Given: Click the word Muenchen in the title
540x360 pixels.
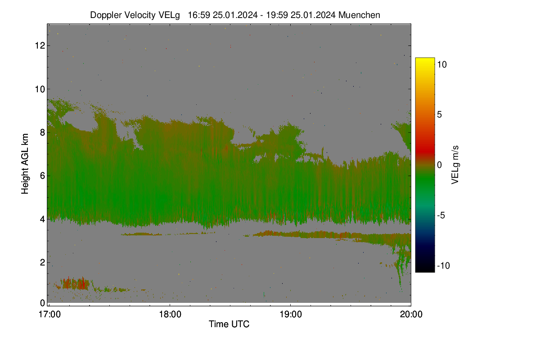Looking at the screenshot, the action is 359,15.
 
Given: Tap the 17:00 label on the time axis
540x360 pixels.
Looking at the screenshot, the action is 49,315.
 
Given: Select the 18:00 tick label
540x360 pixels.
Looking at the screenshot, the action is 170,315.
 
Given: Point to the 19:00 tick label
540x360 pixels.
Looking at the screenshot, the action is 291,315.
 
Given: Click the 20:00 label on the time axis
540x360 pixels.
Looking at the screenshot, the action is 411,315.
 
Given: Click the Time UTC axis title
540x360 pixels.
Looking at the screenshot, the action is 229,324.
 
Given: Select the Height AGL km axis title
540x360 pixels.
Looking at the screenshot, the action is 25,164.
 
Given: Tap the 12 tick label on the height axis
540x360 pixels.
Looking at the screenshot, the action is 40,45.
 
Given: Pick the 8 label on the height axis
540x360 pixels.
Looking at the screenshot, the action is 43,132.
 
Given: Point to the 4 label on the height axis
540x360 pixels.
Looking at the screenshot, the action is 43,219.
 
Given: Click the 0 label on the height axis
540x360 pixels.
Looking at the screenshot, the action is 43,303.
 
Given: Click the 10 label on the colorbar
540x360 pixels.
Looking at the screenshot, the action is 442,65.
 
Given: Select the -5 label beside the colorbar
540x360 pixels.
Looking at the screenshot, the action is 441,215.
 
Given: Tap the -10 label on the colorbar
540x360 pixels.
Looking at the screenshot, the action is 444,265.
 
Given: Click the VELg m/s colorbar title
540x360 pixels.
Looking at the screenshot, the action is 454,165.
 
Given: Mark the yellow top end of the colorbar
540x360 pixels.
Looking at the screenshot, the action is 425,59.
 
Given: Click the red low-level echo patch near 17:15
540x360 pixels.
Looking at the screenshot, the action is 75,283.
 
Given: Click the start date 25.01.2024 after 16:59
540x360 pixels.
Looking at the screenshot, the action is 235,15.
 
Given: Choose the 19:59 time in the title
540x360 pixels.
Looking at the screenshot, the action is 277,15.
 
